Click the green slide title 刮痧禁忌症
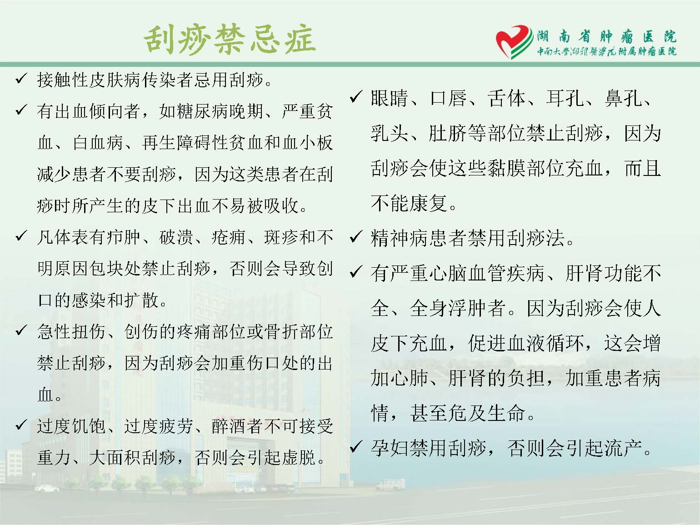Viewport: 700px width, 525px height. [230, 40]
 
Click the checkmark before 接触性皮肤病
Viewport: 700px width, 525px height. [21, 79]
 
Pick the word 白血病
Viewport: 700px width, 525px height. [98, 142]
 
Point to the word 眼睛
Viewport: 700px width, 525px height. [390, 98]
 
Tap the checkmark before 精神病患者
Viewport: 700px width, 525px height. [355, 237]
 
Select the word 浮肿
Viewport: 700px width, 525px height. [468, 308]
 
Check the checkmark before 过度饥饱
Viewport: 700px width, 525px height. [21, 425]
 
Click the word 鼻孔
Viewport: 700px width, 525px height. [623, 98]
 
